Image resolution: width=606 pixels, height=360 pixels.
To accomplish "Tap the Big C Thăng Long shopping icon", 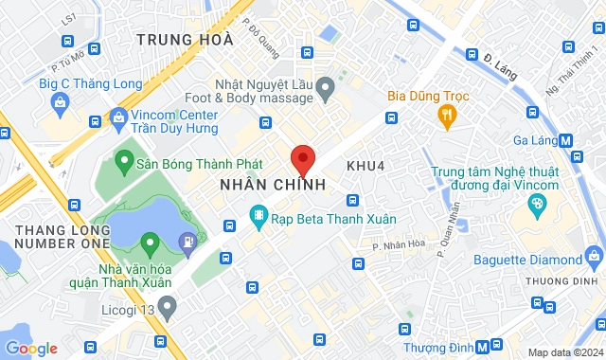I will pyautogui.click(x=60, y=101).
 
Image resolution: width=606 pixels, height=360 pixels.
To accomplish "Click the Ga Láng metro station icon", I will pyautogui.click(x=566, y=139).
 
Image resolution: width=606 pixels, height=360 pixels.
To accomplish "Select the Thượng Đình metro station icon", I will pyautogui.click(x=483, y=347).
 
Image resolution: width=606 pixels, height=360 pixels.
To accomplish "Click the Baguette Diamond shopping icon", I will pyautogui.click(x=594, y=255).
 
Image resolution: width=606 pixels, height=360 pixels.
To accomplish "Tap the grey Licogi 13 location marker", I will pyautogui.click(x=167, y=305).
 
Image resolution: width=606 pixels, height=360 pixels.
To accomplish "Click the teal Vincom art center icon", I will pyautogui.click(x=537, y=203).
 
